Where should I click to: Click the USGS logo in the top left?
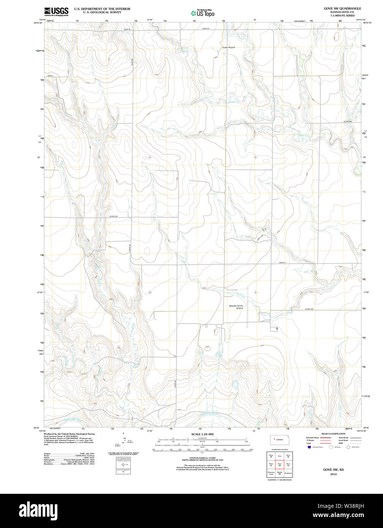coord(56,11)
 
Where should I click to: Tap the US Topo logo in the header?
coord(203,13)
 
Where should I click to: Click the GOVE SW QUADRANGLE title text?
coord(342,8)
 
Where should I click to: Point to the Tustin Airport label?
coord(229,47)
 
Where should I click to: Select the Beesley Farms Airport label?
coord(236,307)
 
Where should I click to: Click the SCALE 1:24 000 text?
coord(203,434)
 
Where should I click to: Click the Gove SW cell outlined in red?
coord(280,464)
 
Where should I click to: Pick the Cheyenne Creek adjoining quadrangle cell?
coord(271,473)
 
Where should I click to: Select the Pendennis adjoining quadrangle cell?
coord(288,473)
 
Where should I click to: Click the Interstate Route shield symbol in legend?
coord(309,447)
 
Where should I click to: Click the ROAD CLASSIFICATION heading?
coord(333,434)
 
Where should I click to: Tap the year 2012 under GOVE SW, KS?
coord(333,474)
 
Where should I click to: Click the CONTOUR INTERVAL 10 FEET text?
coord(203,458)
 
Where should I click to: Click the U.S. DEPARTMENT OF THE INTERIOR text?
coord(102,8)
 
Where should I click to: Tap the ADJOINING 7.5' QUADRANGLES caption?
coord(279,480)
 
